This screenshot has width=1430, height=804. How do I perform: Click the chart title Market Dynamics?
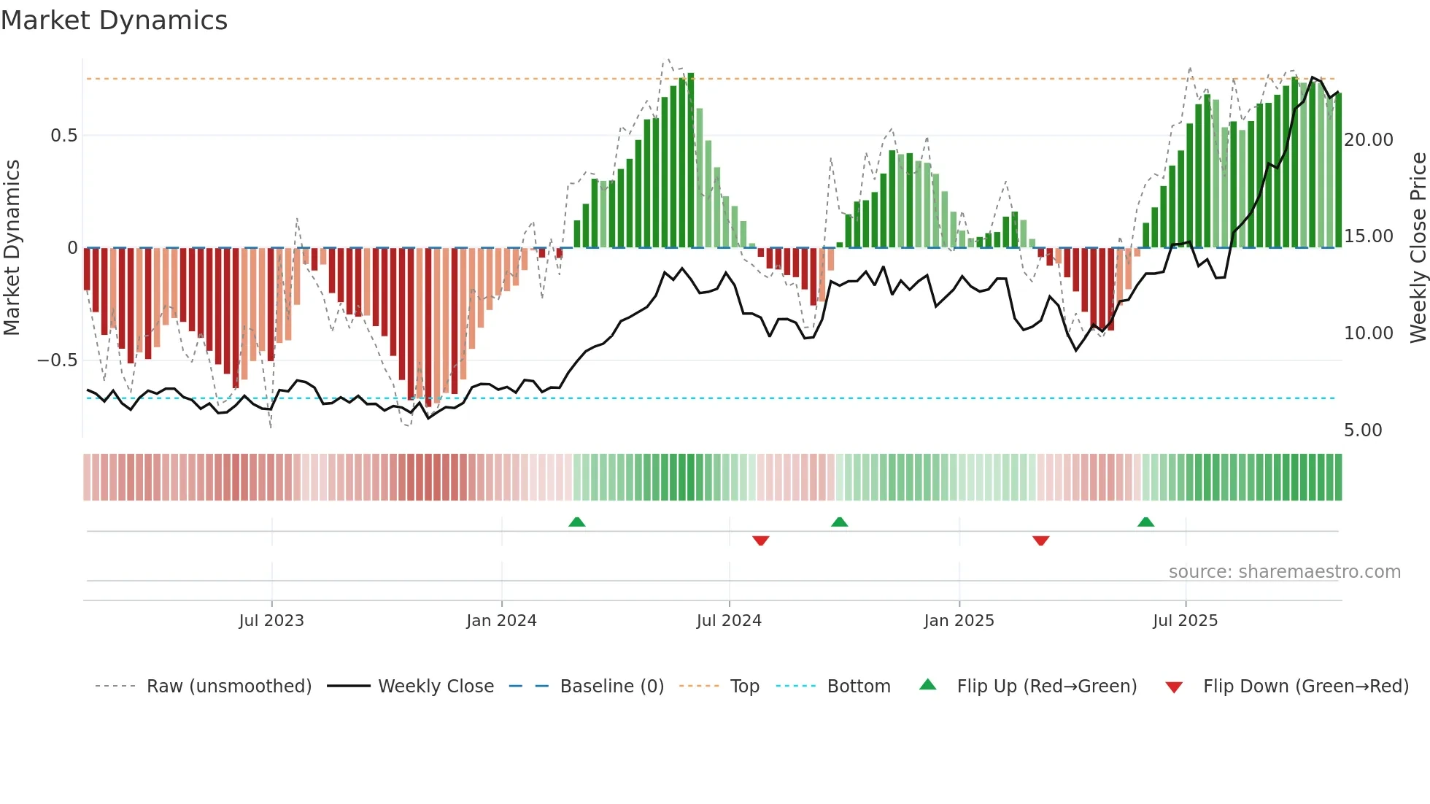coord(114,20)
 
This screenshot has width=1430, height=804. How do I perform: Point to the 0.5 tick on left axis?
coord(63,136)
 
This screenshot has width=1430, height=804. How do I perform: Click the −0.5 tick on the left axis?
coord(58,360)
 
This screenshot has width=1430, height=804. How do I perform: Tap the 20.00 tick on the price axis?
coord(1368,140)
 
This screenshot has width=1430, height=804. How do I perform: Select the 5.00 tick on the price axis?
coord(1363,430)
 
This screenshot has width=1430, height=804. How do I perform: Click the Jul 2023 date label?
coord(271,621)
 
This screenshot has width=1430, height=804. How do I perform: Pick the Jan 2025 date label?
coord(959,621)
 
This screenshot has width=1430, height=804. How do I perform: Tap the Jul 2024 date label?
coord(729,621)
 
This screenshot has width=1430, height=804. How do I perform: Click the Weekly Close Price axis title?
coord(1418,248)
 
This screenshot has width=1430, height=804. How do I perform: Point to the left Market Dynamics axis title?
coord(12,248)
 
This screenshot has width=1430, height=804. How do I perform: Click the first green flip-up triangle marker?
coord(577,522)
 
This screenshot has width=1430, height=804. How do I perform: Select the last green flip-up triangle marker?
coord(1145,522)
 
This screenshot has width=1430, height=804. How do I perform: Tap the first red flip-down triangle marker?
coord(760,541)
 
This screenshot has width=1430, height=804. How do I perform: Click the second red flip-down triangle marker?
coord(1040,541)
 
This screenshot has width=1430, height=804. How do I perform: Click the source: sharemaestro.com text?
coord(1284,572)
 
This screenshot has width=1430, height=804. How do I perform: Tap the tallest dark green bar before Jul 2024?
coord(690,161)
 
